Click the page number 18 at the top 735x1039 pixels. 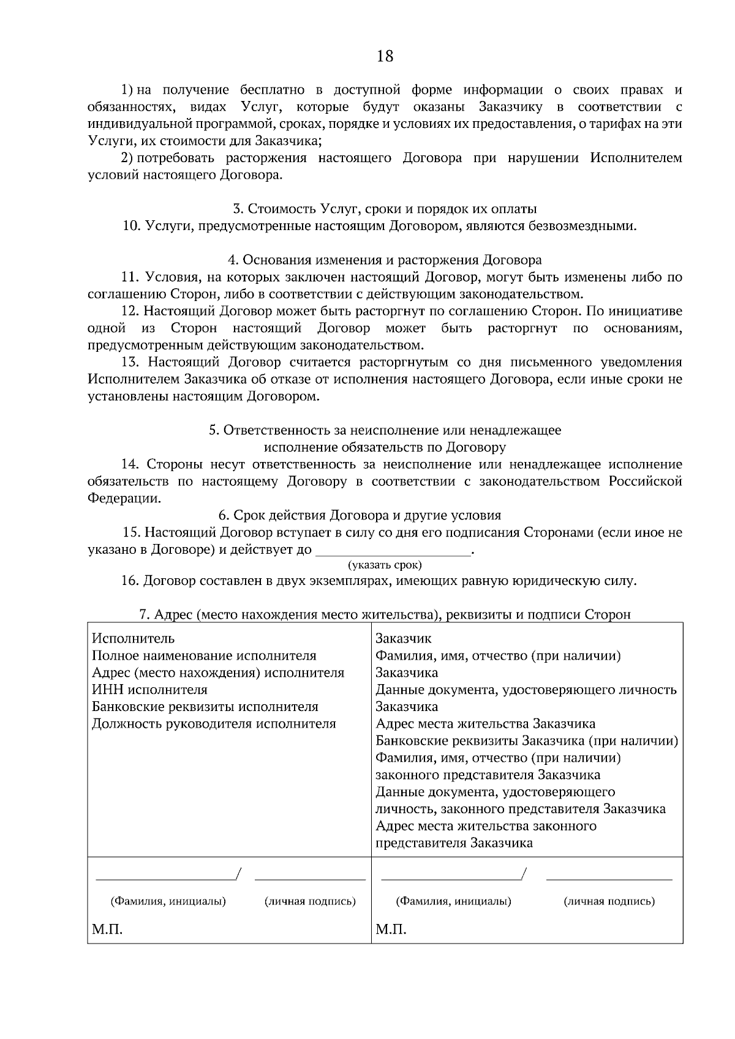385,56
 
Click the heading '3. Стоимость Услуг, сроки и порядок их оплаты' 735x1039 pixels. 385,209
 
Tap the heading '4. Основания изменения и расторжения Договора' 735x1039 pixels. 385,259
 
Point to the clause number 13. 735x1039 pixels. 130,362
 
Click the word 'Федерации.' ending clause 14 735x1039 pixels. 124,498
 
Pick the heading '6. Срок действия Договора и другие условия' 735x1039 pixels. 360,515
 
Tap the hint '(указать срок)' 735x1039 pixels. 385,565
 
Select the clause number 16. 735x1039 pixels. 130,581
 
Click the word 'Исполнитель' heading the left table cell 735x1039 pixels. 133,638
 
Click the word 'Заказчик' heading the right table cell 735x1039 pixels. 403,638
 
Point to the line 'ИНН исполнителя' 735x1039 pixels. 149,690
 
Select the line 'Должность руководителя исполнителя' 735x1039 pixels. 214,724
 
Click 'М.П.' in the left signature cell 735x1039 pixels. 107,930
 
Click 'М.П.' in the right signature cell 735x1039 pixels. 391,930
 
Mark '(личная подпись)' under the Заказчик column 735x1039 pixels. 609,901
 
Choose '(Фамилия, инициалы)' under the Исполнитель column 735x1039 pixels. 168,901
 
